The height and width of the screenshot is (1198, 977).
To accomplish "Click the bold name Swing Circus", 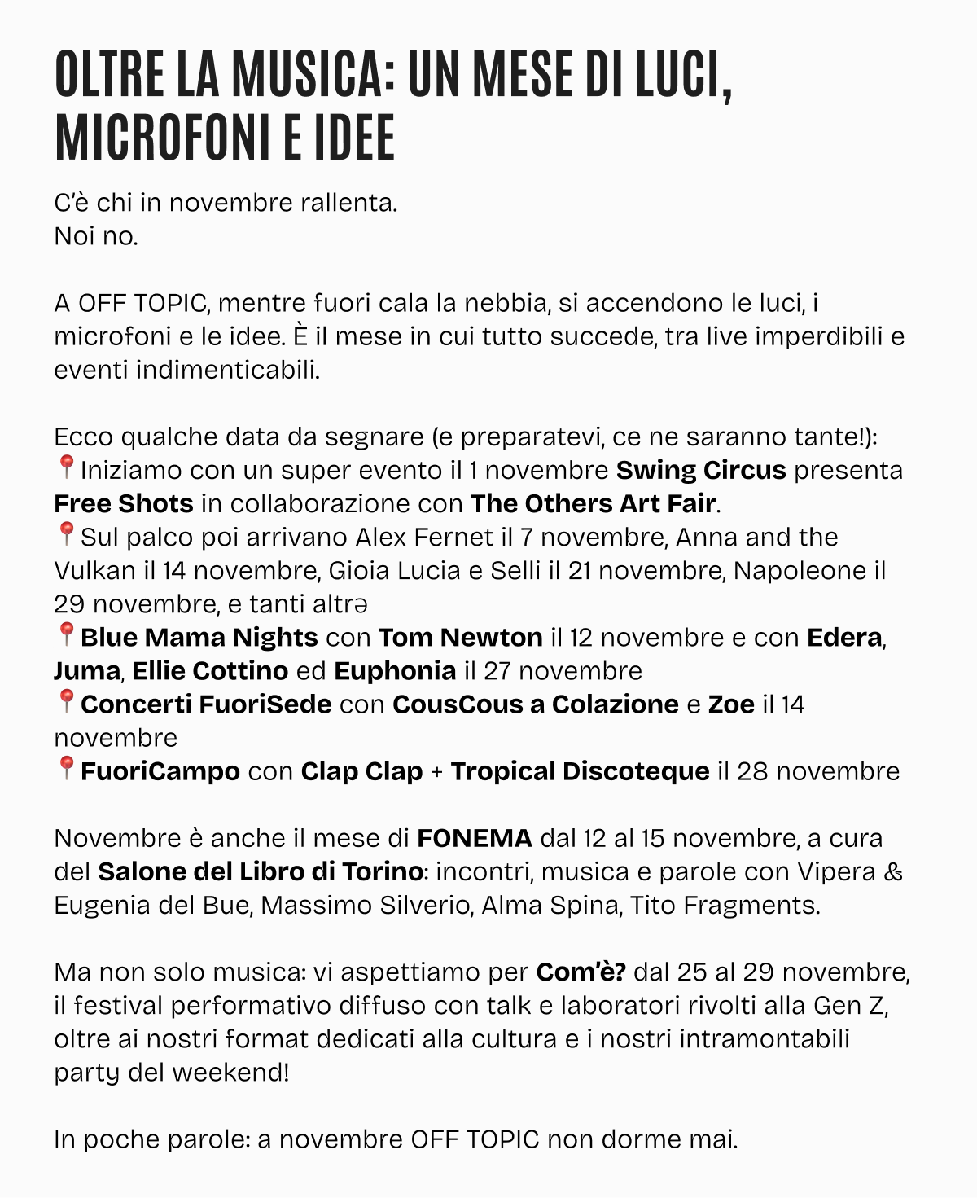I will [701, 471].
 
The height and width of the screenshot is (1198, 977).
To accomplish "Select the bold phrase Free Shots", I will [124, 504].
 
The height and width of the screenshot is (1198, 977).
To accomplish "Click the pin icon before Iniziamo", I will [66, 468].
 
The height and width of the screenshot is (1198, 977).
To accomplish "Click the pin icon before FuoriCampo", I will [66, 769].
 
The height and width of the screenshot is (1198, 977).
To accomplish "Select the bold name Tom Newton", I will [460, 638].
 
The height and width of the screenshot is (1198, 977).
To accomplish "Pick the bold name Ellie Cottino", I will [210, 671].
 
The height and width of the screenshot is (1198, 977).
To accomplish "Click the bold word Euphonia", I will [395, 671].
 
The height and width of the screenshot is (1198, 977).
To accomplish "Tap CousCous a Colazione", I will [535, 704].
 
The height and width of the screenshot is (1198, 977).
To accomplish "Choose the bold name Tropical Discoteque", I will [580, 771].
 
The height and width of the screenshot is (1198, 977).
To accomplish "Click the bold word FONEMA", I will [475, 838].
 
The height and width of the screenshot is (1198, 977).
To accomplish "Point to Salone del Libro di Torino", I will [260, 871].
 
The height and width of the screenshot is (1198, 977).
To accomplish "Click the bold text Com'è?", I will [581, 972].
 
